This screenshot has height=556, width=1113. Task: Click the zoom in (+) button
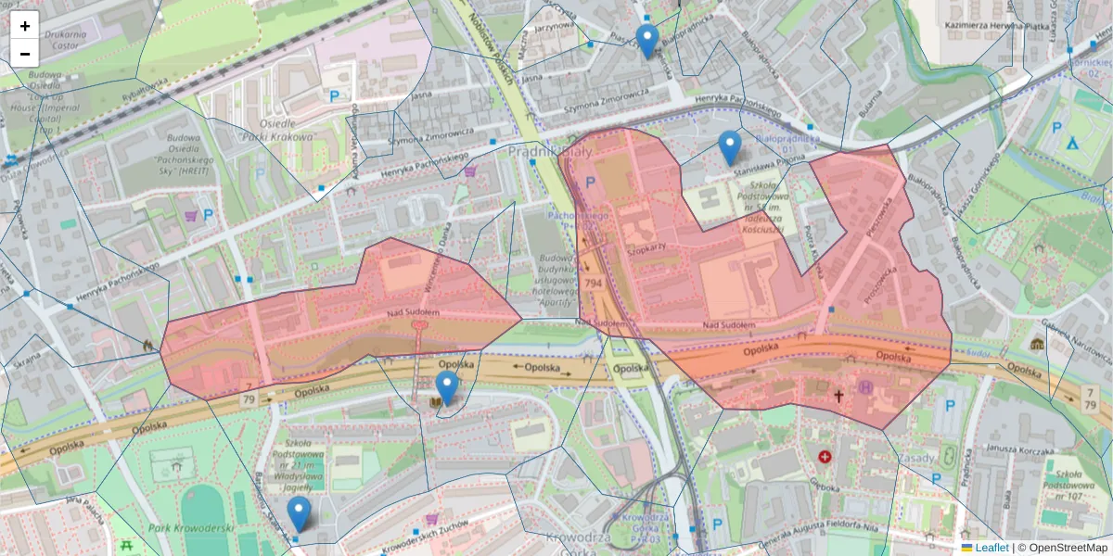click(25, 26)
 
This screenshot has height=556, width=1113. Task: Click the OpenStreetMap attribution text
click(1067, 548)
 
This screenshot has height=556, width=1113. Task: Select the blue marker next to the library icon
click(447, 388)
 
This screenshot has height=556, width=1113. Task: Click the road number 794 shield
click(594, 283)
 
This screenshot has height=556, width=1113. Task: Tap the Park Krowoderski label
click(189, 528)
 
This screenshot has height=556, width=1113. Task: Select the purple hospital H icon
click(866, 387)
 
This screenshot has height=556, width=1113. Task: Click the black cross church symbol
click(838, 397)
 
